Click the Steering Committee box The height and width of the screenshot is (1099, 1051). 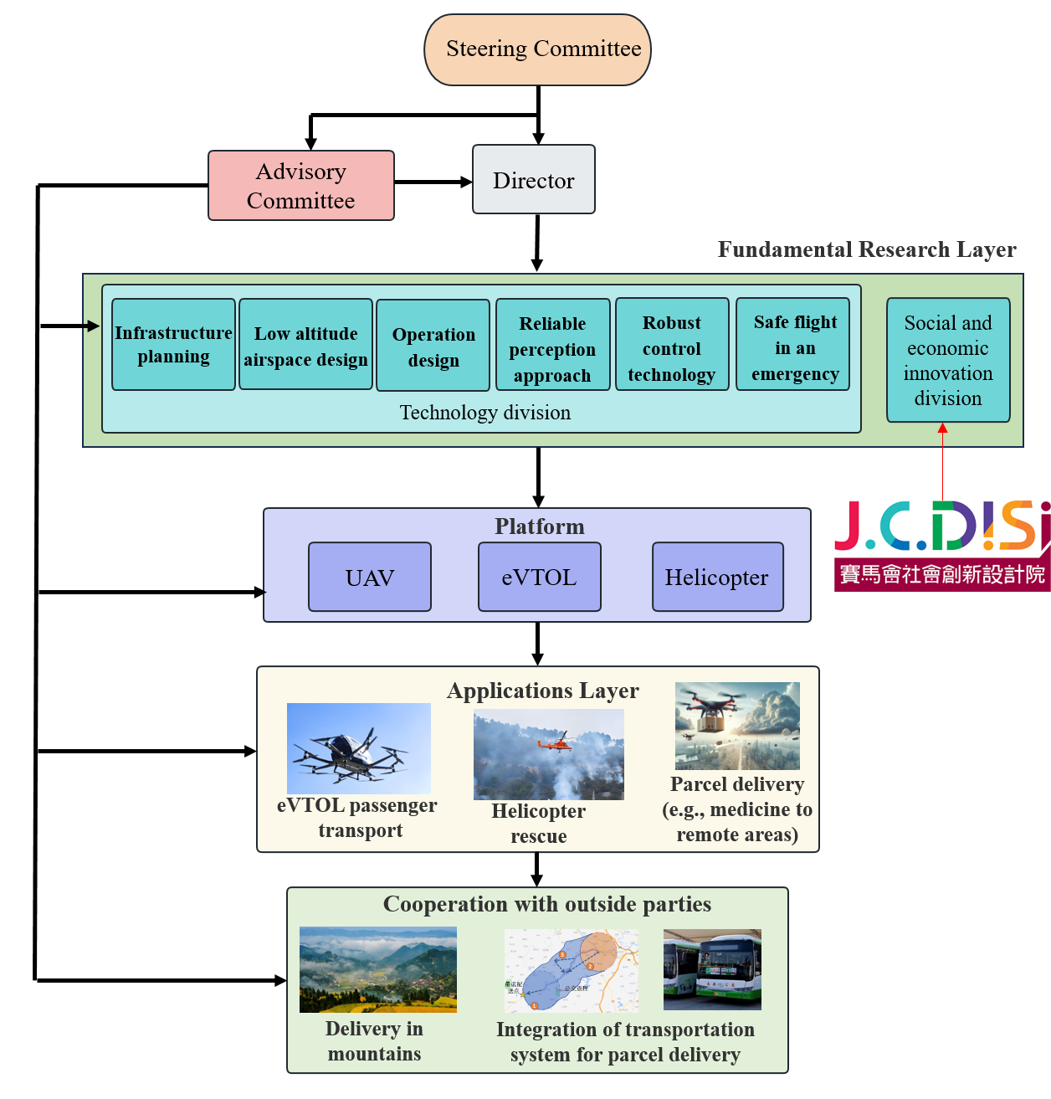tap(537, 49)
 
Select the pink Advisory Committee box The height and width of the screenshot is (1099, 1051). tap(300, 186)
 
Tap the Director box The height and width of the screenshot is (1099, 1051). tap(534, 180)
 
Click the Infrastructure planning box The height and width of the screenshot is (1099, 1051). tap(173, 344)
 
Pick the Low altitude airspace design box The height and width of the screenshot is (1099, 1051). tap(305, 344)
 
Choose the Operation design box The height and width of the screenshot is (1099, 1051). tap(433, 346)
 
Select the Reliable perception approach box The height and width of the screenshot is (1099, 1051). tap(552, 345)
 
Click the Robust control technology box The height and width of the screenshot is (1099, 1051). tap(672, 344)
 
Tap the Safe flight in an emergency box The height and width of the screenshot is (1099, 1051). tap(792, 344)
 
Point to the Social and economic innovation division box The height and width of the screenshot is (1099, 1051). tap(948, 360)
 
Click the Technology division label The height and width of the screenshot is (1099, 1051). tap(484, 413)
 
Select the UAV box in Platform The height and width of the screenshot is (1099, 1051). tap(370, 577)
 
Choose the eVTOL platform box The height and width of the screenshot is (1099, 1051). tap(539, 577)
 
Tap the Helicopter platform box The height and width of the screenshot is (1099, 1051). tap(717, 577)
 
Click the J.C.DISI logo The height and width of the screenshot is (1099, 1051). tap(942, 546)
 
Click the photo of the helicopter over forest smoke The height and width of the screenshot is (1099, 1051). tap(548, 754)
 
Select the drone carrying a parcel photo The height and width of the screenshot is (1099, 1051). tap(737, 726)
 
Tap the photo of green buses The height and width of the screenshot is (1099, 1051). tap(712, 969)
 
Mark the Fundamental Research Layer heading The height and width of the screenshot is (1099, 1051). tap(867, 249)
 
